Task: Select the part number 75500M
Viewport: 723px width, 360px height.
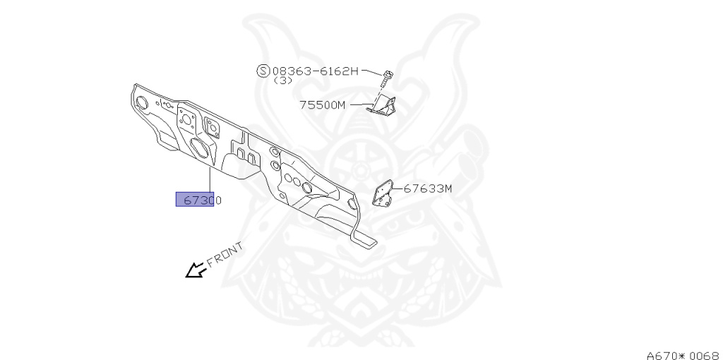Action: [x=322, y=105]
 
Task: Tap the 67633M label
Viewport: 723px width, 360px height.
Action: [x=428, y=188]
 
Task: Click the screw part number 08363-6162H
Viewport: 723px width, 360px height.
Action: [x=316, y=71]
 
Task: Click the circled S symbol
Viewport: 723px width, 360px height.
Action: [x=263, y=71]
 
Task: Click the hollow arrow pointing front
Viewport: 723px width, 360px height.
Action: [x=193, y=270]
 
